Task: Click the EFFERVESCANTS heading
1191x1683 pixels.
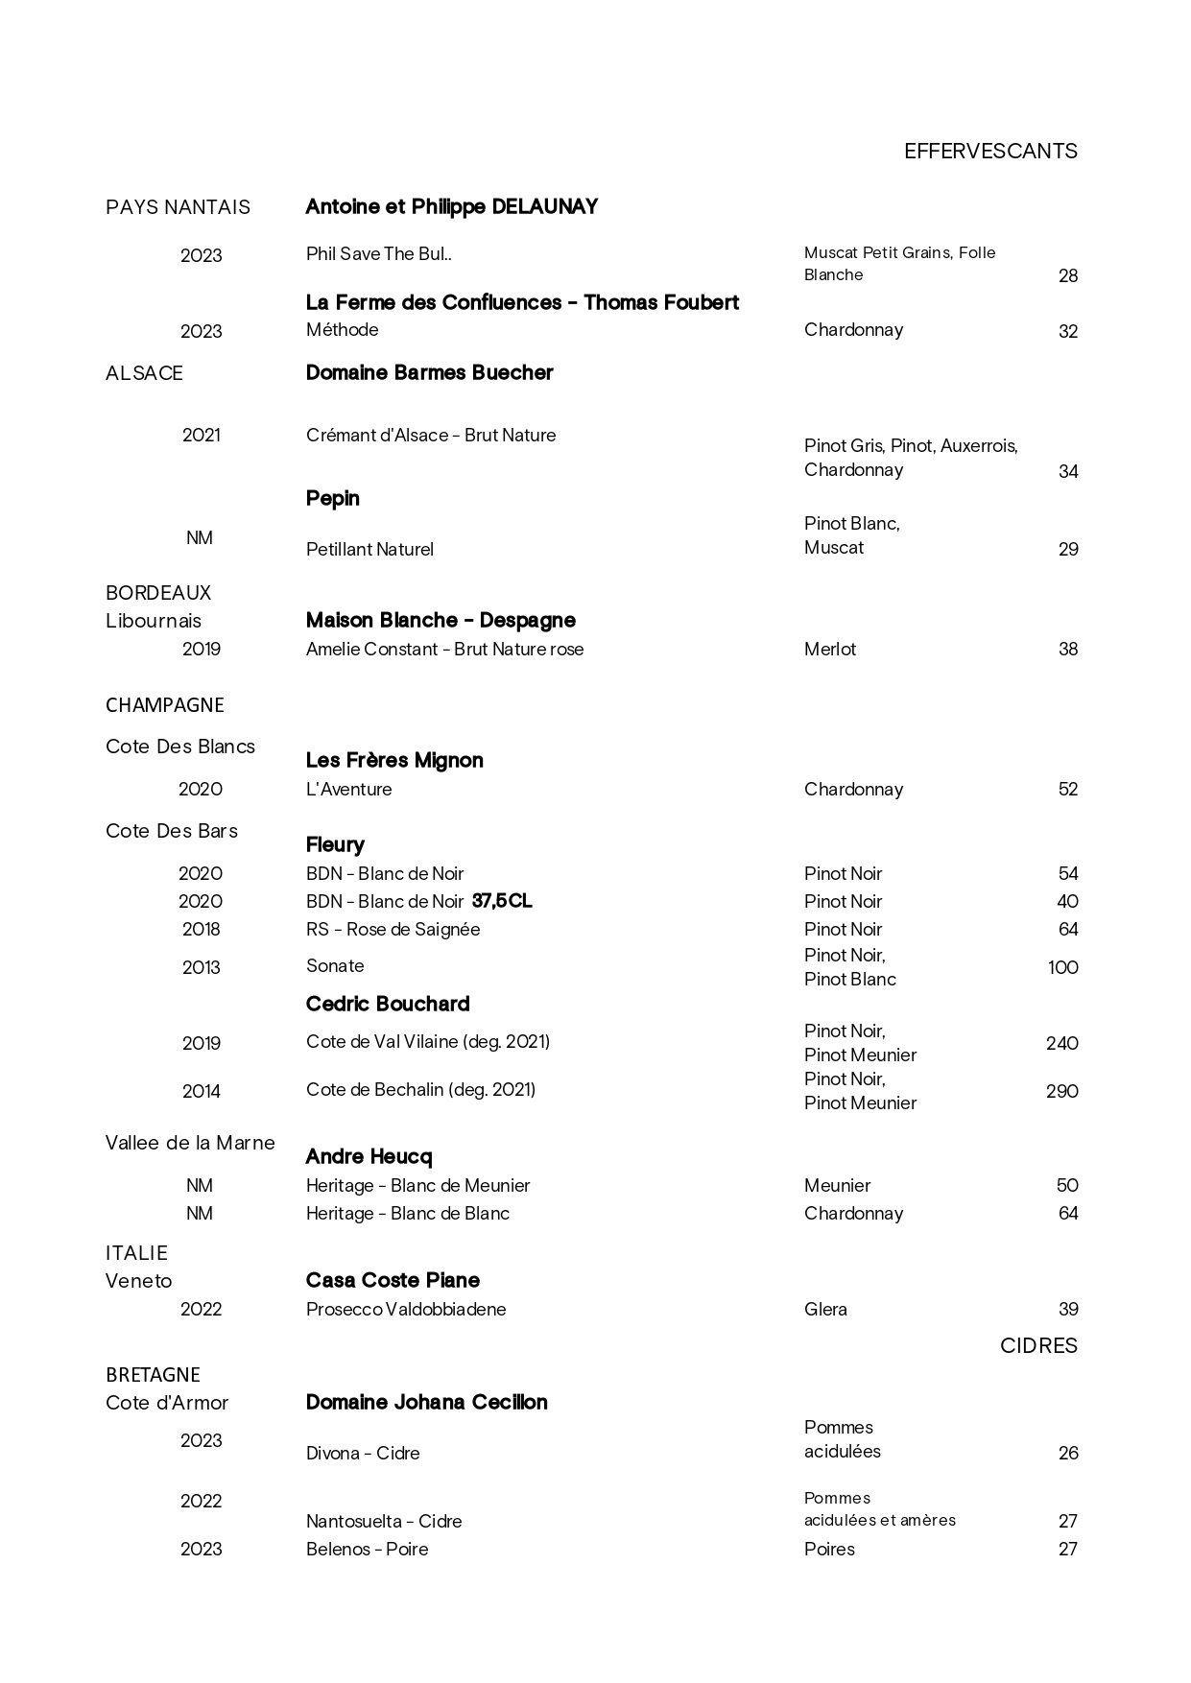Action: point(990,152)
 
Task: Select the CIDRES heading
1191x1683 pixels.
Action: point(1038,1345)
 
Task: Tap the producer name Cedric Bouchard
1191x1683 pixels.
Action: point(388,1004)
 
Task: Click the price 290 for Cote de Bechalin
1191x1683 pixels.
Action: point(1061,1091)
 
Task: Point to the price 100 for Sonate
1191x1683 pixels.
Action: point(1062,967)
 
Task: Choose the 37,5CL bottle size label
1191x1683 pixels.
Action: point(502,901)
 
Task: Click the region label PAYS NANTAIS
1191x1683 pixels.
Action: point(178,207)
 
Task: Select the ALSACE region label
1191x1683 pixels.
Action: point(144,373)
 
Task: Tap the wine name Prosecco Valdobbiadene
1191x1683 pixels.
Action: point(405,1309)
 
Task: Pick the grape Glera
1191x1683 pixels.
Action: point(825,1309)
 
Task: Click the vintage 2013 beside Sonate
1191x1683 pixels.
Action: point(201,967)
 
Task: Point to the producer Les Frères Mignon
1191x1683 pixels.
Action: point(394,760)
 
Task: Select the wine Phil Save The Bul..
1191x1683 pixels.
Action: point(378,254)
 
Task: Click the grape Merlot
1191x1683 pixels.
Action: point(829,649)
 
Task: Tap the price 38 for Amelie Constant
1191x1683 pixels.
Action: point(1067,649)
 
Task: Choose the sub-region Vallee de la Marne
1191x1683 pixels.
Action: point(190,1143)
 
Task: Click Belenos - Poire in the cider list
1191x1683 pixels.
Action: point(367,1549)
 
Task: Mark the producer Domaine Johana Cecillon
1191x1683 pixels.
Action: point(426,1402)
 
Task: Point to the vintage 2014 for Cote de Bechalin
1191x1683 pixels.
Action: point(201,1091)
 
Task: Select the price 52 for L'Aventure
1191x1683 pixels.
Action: point(1067,789)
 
